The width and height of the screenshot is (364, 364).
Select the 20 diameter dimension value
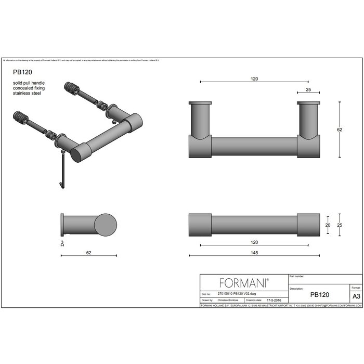click(x=328, y=225)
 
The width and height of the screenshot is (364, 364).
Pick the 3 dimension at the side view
click(x=62, y=242)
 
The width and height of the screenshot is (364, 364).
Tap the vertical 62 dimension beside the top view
click(x=339, y=129)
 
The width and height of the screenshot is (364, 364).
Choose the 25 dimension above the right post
click(x=308, y=89)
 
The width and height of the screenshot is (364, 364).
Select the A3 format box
click(x=356, y=295)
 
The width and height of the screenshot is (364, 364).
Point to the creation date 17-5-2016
click(x=275, y=300)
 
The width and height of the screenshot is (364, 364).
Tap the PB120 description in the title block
click(x=319, y=294)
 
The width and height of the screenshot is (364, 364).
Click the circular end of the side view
click(x=106, y=225)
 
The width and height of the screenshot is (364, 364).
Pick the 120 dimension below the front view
click(x=254, y=242)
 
